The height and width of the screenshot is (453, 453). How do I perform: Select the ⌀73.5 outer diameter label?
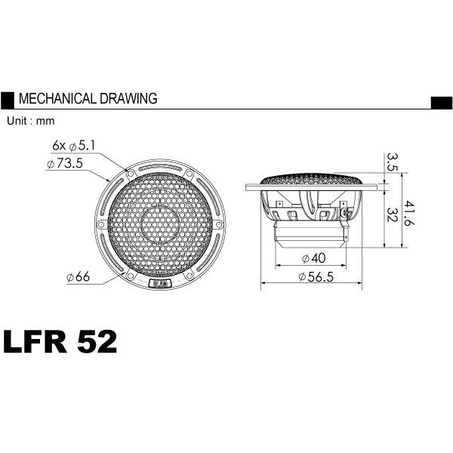click(x=64, y=163)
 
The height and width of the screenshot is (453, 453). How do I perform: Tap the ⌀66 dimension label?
click(x=78, y=278)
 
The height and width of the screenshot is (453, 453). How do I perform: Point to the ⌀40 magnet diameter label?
click(x=314, y=257)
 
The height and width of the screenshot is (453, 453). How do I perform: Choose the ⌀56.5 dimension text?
click(x=317, y=277)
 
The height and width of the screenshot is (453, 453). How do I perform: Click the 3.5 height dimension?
click(x=392, y=162)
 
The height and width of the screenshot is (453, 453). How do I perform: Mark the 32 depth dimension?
click(x=392, y=214)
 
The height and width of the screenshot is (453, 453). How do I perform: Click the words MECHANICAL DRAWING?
click(x=87, y=99)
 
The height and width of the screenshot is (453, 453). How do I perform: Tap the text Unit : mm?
click(x=30, y=121)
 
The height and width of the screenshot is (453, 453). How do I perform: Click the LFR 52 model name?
click(x=60, y=342)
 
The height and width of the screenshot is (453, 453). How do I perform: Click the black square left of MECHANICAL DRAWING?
click(x=7, y=99)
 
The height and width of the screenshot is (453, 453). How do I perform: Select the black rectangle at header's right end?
click(x=441, y=103)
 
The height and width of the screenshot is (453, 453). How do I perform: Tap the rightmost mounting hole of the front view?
click(x=219, y=224)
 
